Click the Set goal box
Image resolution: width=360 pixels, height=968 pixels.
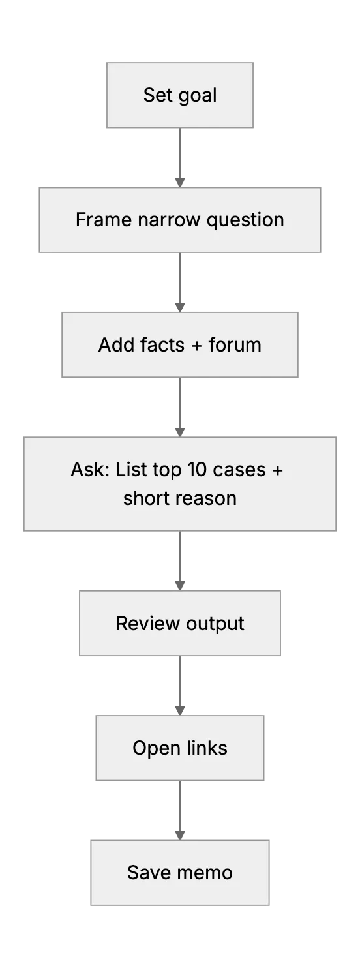pos(180,95)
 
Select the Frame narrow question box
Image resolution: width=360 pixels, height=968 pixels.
pos(180,220)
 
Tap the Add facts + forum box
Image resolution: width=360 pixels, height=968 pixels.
pos(180,345)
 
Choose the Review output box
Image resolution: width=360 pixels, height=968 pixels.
pos(180,623)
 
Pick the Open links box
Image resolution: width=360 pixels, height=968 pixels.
pos(180,748)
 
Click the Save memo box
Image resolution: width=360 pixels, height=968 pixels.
pos(180,873)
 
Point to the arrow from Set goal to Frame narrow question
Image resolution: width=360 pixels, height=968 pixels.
pos(180,158)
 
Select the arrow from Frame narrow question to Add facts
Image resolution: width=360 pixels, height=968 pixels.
pos(180,282)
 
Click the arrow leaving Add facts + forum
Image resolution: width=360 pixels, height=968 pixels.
pos(180,408)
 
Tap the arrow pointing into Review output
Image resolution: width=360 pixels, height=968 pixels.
pos(180,561)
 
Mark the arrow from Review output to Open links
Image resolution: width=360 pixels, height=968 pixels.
pos(180,686)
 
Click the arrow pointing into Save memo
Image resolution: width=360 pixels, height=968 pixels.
pos(180,811)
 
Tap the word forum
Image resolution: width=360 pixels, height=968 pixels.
pos(235,345)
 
